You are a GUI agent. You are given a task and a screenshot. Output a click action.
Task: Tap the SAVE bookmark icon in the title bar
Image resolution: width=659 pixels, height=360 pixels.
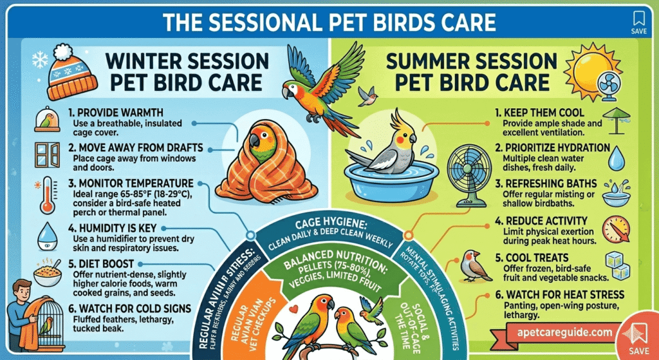tap(638, 23)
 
